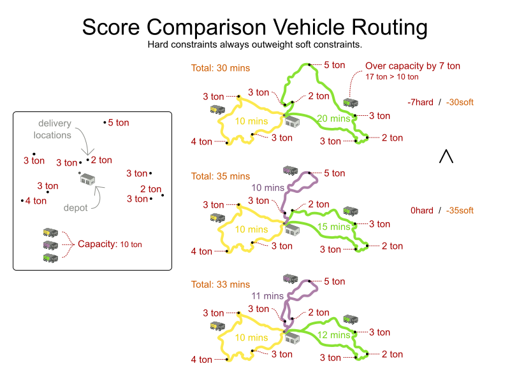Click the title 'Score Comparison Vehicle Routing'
click(254, 27)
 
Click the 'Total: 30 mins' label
click(221, 68)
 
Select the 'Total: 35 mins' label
click(221, 176)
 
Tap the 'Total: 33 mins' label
click(221, 285)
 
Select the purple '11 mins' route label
click(267, 296)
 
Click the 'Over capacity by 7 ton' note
click(412, 66)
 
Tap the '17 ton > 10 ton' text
click(392, 77)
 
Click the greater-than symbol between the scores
click(446, 156)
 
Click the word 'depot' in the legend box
click(75, 208)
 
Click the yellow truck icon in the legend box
click(50, 232)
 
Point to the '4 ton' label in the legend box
click(36, 201)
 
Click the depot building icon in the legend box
click(87, 180)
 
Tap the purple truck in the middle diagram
click(291, 170)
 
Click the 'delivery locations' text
click(55, 129)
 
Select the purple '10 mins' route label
click(267, 188)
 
